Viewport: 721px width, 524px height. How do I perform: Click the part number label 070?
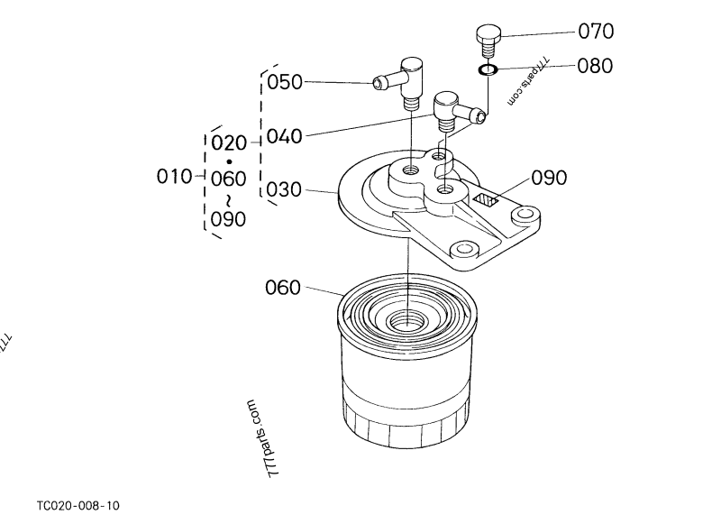596,32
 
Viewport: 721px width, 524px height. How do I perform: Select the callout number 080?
596,66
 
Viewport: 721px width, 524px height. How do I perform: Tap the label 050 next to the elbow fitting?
286,83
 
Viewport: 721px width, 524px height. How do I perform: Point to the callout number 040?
286,137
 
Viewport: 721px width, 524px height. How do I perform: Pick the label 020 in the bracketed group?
227,142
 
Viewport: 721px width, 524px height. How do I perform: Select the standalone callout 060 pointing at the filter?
283,289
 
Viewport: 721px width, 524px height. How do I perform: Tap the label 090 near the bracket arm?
548,178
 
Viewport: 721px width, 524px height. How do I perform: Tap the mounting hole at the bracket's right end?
524,216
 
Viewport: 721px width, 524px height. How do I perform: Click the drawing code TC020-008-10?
78,506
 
